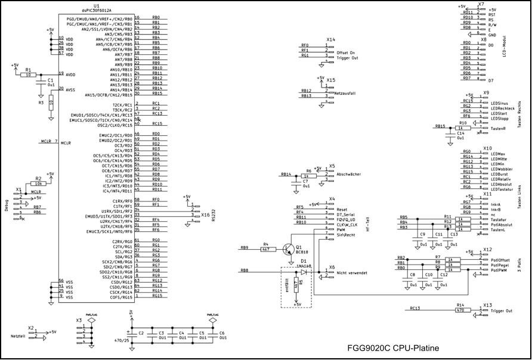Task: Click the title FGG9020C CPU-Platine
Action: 393,348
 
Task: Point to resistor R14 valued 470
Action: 460,309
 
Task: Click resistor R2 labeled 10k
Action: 38,184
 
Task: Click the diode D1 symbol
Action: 304,271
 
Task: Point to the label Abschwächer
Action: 350,174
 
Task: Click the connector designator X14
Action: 330,39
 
